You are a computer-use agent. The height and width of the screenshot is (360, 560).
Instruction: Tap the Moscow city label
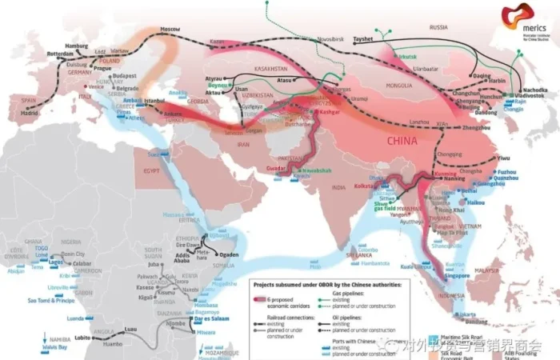point(170,29)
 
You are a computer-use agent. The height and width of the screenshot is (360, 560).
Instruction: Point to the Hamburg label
point(76,46)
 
